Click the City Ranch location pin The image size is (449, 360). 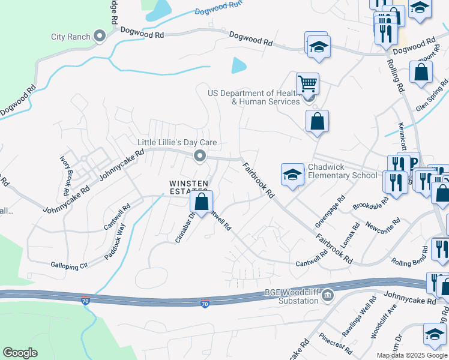pyautogui.click(x=100, y=37)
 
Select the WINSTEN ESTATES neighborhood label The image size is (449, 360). pyautogui.click(x=188, y=187)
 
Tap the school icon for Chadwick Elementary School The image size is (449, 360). pyautogui.click(x=292, y=175)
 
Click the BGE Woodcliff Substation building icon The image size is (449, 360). pyautogui.click(x=328, y=294)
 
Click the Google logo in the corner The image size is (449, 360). pyautogui.click(x=20, y=353)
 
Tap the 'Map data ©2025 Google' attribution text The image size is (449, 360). pyautogui.click(x=412, y=355)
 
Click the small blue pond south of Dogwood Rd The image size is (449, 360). pyautogui.click(x=238, y=65)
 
